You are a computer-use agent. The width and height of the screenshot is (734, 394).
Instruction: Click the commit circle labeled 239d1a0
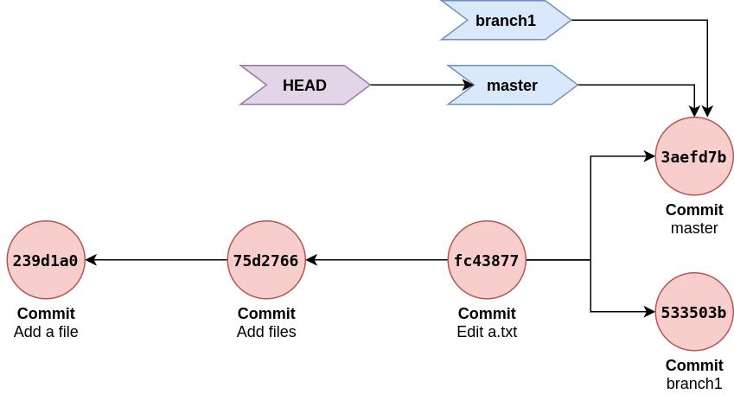point(46,260)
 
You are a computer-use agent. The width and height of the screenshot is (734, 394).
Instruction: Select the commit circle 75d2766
point(266,260)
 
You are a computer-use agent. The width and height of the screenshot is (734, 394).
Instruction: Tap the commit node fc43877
point(487,260)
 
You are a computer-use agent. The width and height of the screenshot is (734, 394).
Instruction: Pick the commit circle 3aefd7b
point(694,156)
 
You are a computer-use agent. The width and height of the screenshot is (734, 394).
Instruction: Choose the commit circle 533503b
point(694,312)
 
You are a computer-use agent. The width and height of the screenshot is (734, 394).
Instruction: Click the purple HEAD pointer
point(305,86)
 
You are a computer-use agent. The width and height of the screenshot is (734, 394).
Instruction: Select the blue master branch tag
point(513,86)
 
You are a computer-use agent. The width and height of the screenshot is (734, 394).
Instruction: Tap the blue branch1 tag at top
point(506,21)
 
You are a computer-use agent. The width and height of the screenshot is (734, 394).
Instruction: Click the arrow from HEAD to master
point(415,86)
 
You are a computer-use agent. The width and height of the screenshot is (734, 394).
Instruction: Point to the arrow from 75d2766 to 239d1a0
point(156,260)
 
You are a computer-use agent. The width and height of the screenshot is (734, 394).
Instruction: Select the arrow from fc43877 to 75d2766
point(376,260)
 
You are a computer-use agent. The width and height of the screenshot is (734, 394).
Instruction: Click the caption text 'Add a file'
point(46,332)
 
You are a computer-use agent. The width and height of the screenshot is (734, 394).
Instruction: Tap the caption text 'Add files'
point(266,332)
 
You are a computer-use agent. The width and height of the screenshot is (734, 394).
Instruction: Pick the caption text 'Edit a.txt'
point(487,332)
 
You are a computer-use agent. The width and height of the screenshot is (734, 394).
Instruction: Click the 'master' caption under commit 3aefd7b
point(694,228)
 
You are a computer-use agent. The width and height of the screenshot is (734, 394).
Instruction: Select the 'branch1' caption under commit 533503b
point(694,384)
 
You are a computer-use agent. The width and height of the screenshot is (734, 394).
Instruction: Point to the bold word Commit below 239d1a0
point(46,314)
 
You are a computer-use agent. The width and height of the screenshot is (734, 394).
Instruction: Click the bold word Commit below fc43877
point(487,314)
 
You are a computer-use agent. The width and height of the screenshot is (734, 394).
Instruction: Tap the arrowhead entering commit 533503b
point(649,312)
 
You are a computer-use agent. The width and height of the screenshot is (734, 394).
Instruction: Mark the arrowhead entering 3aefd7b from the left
point(649,156)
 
